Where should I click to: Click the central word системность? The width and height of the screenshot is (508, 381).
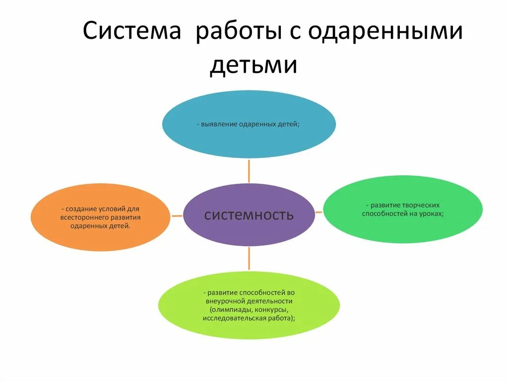tap(249, 215)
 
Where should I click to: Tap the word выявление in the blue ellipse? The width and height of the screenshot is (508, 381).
tap(220, 124)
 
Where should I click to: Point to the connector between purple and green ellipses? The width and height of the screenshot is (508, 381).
tap(319, 212)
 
